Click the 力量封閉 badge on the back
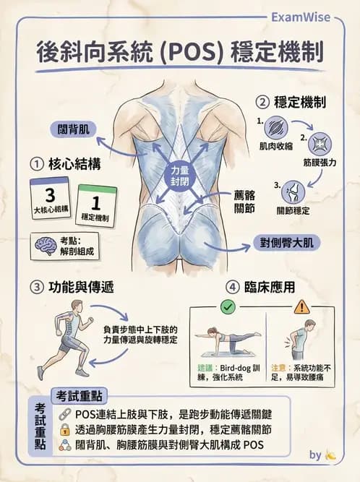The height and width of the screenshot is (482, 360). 179,176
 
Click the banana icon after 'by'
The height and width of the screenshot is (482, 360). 331,455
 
